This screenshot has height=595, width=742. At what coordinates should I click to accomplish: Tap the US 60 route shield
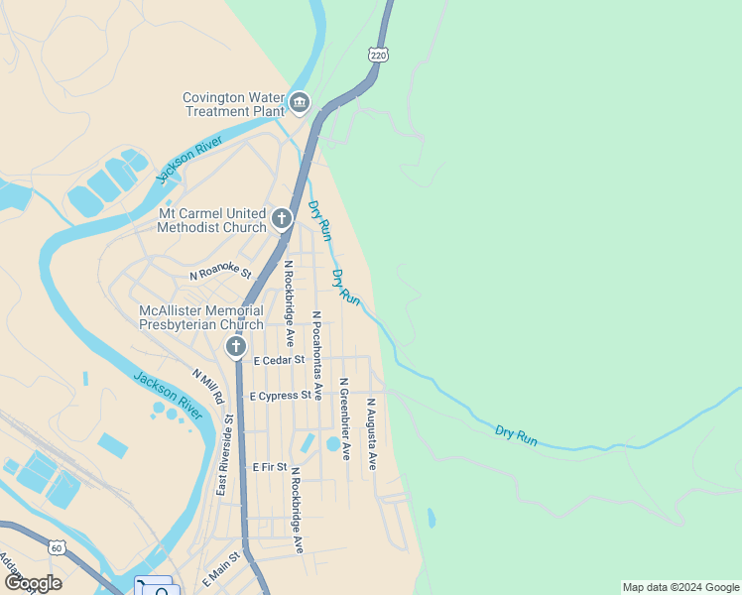tap(56, 547)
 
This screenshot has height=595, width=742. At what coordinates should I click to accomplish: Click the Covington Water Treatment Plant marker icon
tap(300, 103)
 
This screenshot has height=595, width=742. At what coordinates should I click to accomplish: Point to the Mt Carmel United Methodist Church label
tap(213, 220)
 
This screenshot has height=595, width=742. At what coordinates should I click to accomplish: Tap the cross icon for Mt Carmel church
tap(282, 218)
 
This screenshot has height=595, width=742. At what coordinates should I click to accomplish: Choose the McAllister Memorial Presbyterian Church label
tap(201, 317)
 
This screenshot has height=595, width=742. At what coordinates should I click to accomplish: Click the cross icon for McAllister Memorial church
tap(235, 346)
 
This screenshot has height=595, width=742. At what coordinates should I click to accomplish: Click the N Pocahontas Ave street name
tap(316, 355)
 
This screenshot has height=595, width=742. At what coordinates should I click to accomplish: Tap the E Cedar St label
tap(279, 360)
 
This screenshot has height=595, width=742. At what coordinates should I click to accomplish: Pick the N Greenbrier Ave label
tap(344, 417)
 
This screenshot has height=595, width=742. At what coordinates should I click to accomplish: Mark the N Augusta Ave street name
tap(371, 433)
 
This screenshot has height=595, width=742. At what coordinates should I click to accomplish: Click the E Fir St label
tap(270, 466)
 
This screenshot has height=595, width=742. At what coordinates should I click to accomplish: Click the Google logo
tap(33, 583)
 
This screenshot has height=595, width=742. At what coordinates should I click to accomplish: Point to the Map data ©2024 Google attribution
tap(680, 587)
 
